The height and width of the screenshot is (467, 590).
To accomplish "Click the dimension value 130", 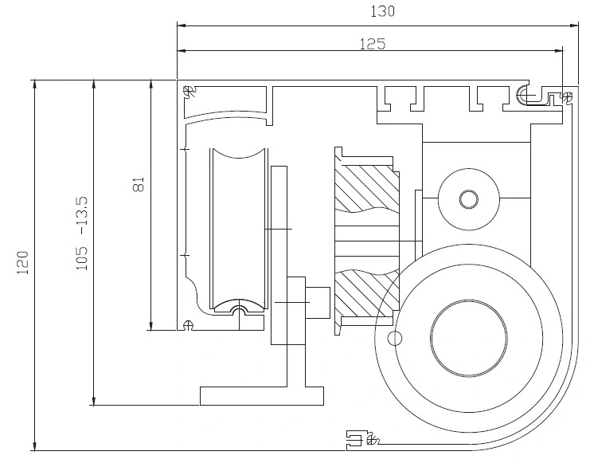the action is [x=383, y=12].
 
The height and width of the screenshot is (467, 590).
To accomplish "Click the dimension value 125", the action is [x=373, y=45].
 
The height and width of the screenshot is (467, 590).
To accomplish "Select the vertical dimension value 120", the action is [x=22, y=262].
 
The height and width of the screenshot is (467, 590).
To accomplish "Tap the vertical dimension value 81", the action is [x=139, y=185].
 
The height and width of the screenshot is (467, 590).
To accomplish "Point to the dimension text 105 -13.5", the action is [x=82, y=233].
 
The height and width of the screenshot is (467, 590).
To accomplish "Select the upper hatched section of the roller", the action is [x=367, y=187].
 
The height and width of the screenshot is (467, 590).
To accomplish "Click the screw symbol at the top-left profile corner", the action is [x=190, y=92].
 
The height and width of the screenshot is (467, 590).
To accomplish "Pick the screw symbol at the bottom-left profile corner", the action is [x=187, y=324].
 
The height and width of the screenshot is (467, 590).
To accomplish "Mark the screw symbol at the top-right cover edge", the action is [x=567, y=96].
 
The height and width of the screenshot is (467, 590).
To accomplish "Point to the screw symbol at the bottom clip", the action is [x=372, y=439].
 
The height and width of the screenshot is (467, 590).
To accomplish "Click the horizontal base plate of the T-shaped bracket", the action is [x=261, y=396].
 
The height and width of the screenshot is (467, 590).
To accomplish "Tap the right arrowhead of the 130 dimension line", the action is [x=574, y=26].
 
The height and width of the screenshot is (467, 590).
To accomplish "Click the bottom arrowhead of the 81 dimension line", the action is [x=150, y=326].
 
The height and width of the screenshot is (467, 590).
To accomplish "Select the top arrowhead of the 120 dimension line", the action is [x=34, y=84].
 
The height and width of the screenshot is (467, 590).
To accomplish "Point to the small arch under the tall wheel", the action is [x=239, y=308].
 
